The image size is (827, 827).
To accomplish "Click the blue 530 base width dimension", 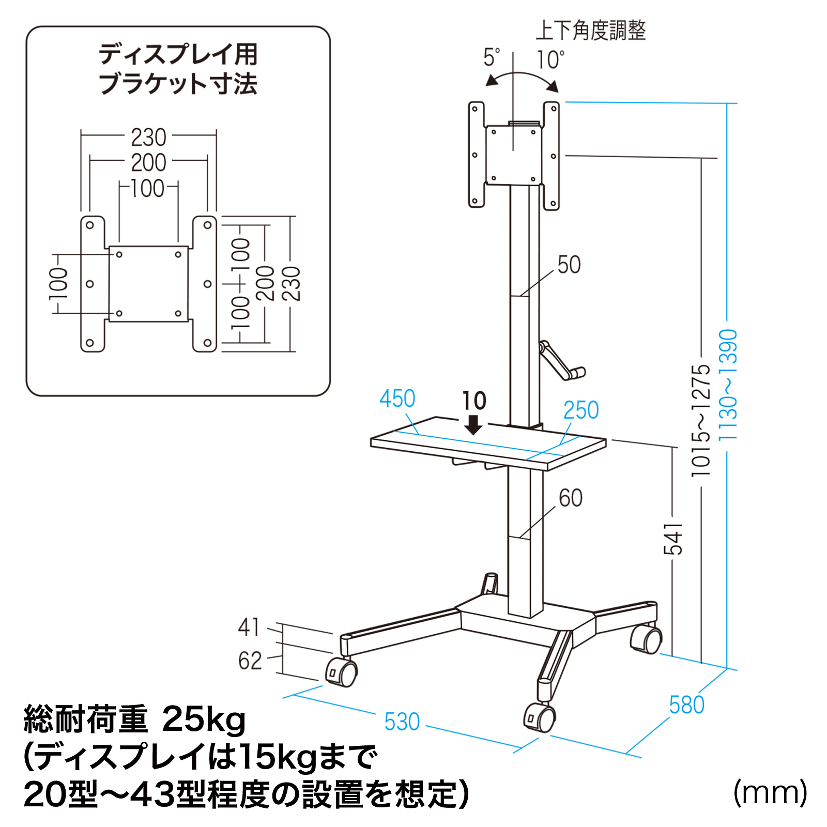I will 402,722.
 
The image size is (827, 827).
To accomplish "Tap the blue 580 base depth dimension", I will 686,705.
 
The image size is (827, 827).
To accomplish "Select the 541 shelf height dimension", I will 673,539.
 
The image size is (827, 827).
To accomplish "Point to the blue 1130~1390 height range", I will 728,385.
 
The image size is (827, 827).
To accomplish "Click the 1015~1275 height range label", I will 701,420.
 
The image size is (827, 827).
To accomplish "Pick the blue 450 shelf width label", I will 397,399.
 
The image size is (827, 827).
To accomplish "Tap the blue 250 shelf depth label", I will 581,410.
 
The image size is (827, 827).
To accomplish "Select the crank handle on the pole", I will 561,362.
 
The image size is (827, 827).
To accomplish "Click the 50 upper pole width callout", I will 569,265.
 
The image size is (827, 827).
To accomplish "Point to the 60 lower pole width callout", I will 571,498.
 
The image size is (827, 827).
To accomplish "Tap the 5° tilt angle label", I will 492,57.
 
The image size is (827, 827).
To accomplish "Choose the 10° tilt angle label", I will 550,60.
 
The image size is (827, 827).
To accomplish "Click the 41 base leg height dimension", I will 249,627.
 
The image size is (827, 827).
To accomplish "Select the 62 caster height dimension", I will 250,661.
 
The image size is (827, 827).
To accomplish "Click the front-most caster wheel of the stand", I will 540,717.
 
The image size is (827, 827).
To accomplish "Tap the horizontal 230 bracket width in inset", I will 148,137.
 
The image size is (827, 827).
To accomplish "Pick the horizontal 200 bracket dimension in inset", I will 148,163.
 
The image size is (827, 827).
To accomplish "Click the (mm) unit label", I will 770,792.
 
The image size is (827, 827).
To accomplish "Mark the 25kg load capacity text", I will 204,719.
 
